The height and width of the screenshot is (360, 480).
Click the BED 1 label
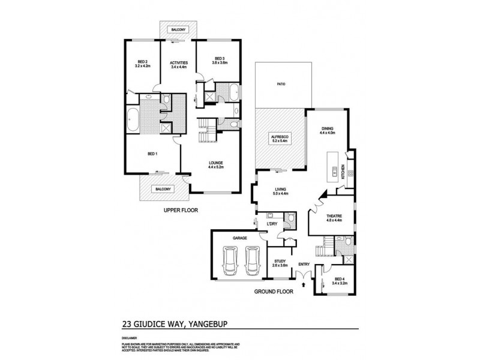tap(152, 154)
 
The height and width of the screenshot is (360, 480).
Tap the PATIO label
tap(280, 84)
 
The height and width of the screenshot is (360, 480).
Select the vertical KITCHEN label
tap(343, 172)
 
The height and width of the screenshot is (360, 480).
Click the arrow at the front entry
tap(306, 275)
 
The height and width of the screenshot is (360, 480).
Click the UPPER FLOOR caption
tap(181, 210)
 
